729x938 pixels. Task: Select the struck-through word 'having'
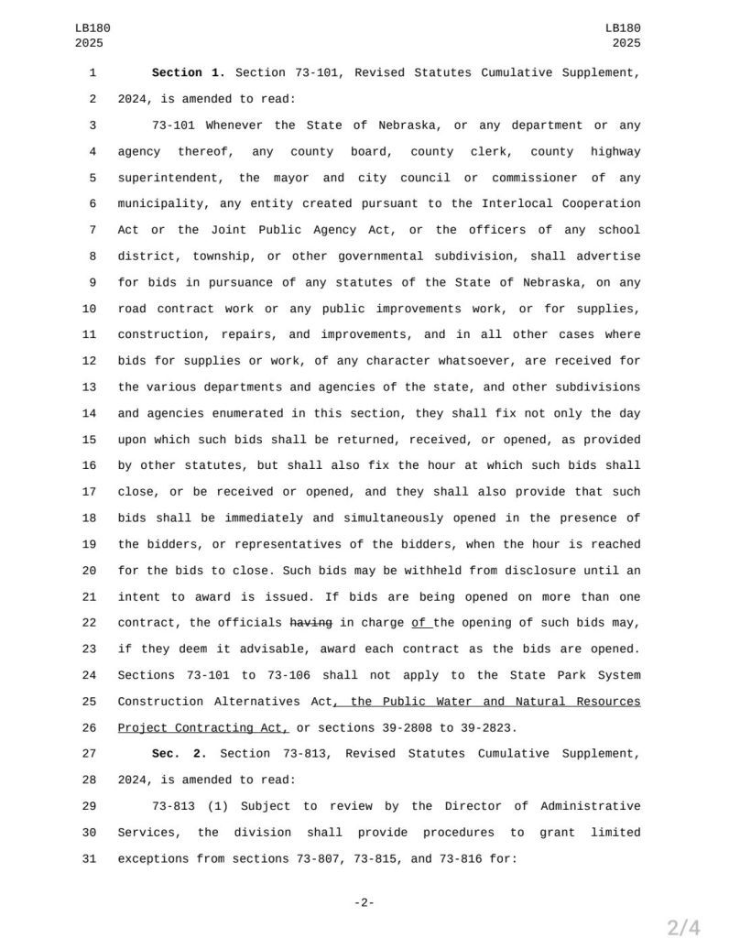pos(310,623)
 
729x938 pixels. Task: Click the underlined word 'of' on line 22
pos(420,623)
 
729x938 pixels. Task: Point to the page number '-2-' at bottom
pos(364,903)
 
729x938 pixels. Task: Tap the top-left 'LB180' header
pos(90,28)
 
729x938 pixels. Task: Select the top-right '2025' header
pos(626,43)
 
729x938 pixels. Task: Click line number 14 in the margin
pos(89,413)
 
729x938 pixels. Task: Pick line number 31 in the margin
pos(89,859)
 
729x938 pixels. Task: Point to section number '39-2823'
pos(487,728)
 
